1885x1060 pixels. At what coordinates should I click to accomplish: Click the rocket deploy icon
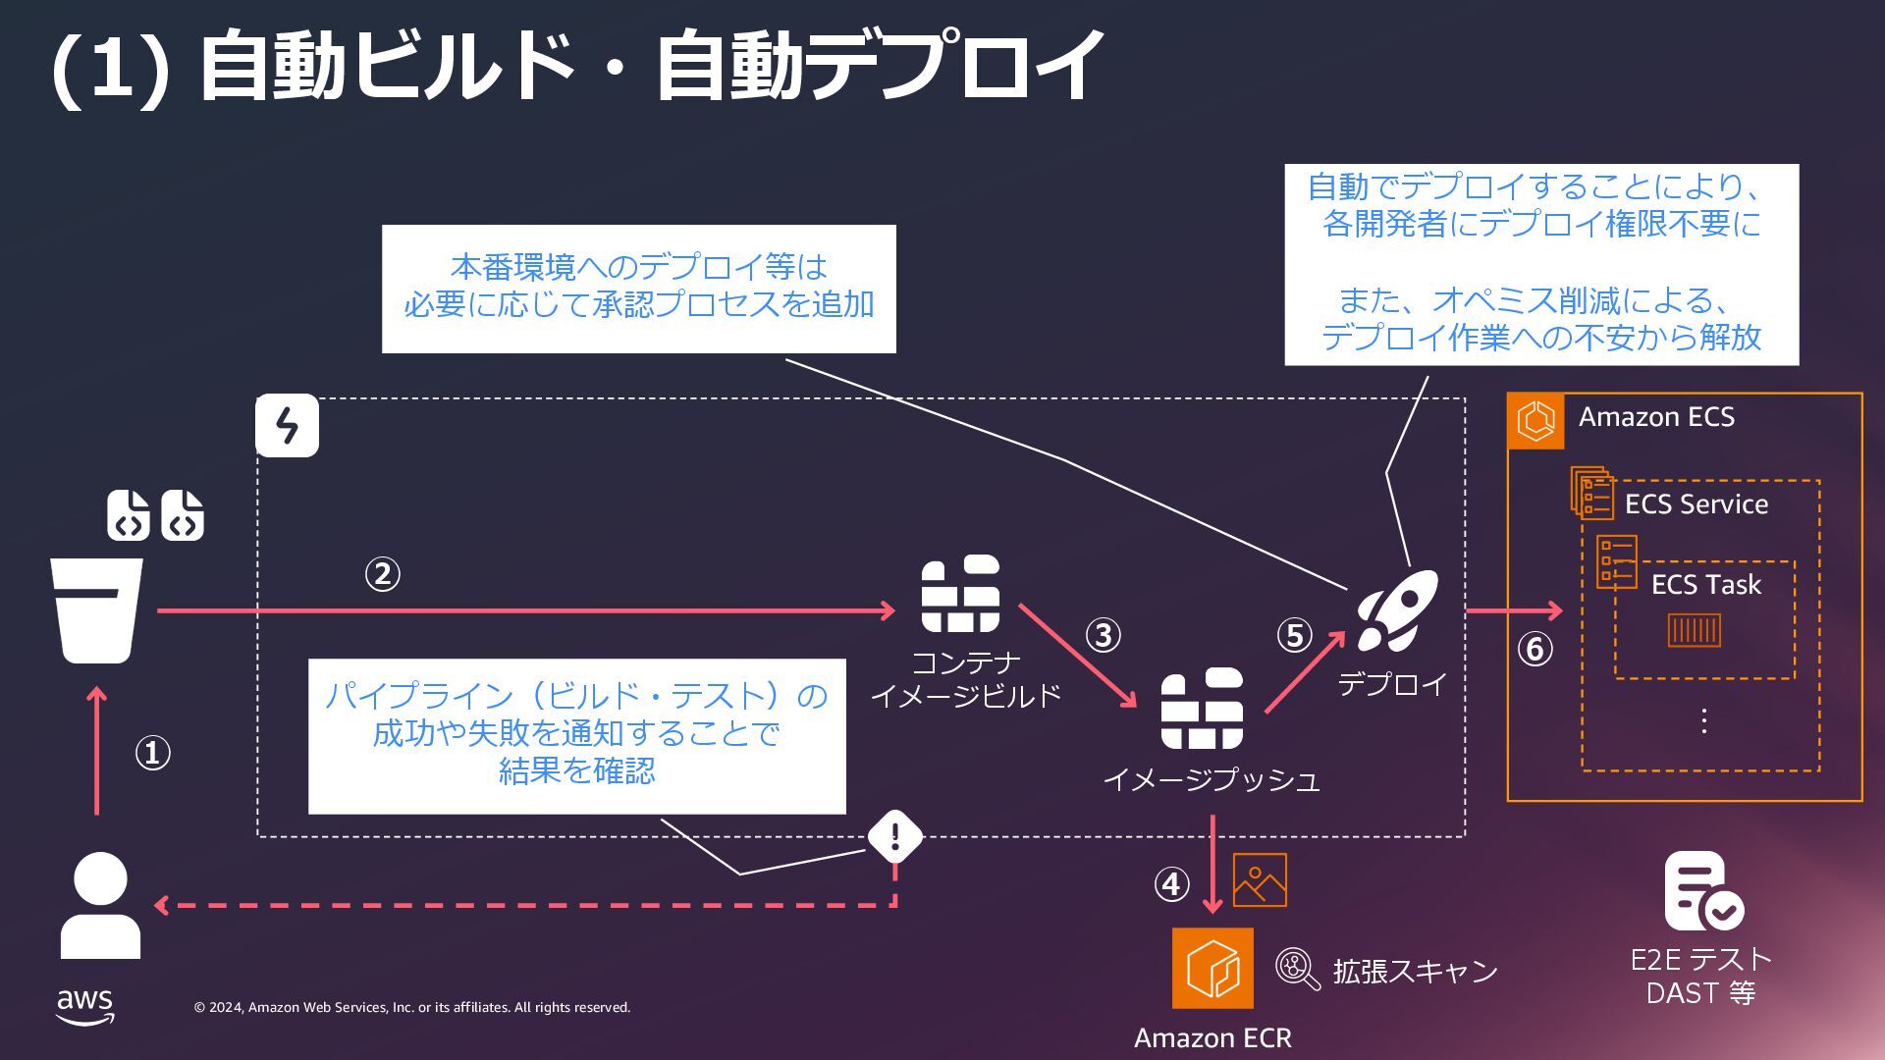pos(1397,610)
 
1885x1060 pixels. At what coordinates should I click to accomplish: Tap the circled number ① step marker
pos(152,754)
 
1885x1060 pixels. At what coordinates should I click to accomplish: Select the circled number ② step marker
pos(382,574)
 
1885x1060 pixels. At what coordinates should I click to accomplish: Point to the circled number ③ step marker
pos(1103,635)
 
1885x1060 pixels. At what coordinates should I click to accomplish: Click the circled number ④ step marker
pos(1171,884)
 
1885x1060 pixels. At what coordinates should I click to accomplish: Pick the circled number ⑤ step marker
pos(1294,635)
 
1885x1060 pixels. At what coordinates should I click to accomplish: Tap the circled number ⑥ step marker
pos(1535,649)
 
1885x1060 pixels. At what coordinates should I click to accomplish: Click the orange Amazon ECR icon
pos(1212,968)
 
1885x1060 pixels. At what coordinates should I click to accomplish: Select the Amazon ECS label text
pos(1656,417)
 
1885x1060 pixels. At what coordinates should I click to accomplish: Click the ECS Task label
pos(1705,585)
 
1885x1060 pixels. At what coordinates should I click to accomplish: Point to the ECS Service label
pos(1696,504)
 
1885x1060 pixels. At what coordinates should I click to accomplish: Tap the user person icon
pos(100,904)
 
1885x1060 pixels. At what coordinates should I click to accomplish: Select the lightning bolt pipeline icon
pos(287,426)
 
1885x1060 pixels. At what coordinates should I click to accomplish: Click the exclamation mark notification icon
pos(894,836)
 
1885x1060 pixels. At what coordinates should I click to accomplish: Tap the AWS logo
pos(84,1006)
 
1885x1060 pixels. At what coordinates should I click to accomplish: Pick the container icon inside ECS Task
pos(1694,630)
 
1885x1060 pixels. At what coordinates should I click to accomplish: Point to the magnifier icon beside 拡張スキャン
pos(1297,969)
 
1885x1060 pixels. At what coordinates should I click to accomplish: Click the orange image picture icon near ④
pos(1260,880)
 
